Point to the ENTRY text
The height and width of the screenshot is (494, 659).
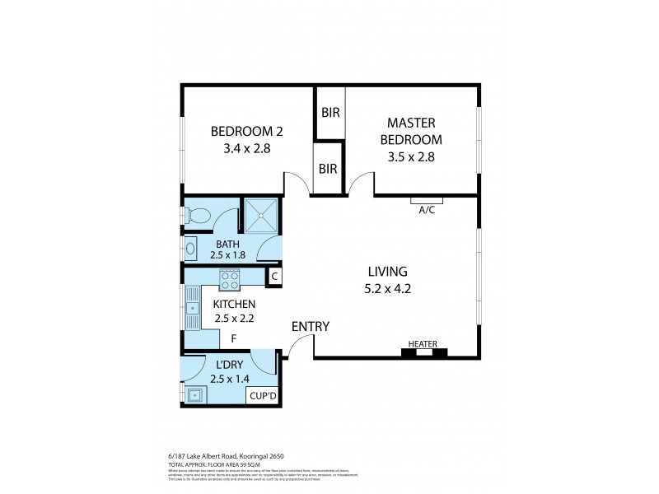point(310,327)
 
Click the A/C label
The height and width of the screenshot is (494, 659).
point(427,210)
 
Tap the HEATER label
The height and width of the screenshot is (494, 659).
point(423,343)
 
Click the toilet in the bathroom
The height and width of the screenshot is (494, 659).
point(197,216)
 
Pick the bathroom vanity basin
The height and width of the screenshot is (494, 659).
point(189,247)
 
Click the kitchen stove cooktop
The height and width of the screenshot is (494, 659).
point(228,282)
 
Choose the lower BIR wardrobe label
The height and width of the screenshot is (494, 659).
point(329,169)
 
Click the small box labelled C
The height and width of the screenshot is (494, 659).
point(274,277)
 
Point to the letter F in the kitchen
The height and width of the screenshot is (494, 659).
point(234,338)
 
